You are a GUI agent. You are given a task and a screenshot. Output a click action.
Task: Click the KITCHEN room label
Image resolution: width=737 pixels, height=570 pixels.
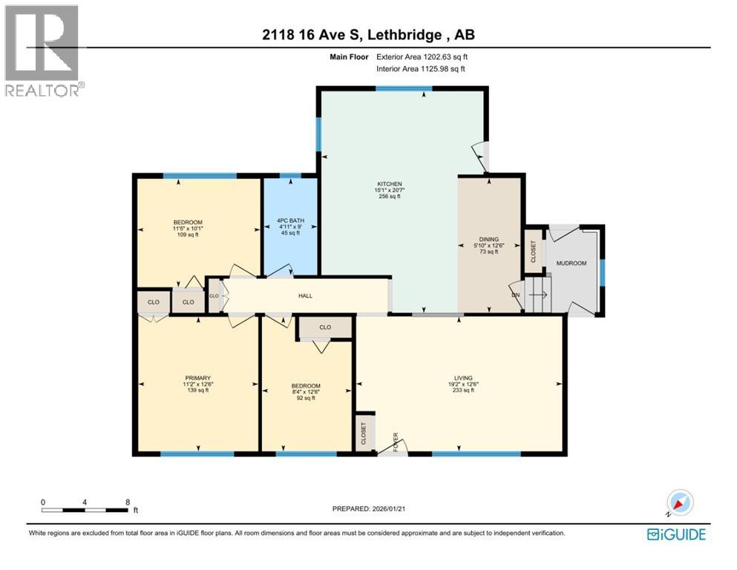click(x=388, y=184)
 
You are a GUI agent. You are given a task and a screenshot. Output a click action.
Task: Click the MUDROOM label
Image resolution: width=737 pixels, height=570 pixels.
click(x=571, y=263)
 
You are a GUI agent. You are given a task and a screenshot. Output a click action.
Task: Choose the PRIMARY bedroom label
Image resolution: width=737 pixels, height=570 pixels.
click(x=197, y=378)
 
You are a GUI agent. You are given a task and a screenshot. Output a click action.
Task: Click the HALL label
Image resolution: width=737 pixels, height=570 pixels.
click(x=305, y=295)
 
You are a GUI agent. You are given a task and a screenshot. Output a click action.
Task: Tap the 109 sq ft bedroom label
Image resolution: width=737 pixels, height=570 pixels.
click(x=188, y=222)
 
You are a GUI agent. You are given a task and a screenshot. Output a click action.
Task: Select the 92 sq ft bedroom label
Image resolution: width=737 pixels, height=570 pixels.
click(x=305, y=386)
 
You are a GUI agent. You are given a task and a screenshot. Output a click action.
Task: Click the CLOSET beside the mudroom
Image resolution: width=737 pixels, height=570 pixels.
click(x=531, y=252)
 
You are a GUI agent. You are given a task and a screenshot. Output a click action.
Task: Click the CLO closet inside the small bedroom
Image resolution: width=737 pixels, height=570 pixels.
click(x=324, y=327)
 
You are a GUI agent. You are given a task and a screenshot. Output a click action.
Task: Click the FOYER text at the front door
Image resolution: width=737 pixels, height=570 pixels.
click(x=396, y=442)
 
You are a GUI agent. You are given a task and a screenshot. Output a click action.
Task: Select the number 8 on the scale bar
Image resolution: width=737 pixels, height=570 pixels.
click(x=128, y=502)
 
